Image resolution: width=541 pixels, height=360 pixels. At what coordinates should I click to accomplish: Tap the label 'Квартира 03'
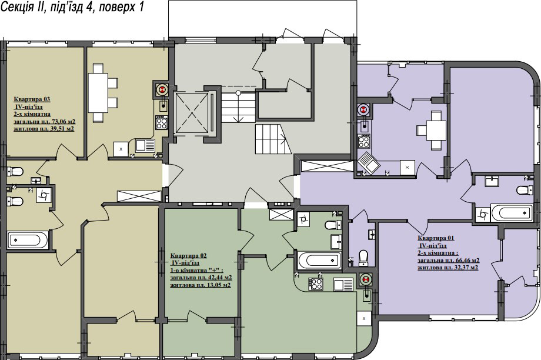point(32,99)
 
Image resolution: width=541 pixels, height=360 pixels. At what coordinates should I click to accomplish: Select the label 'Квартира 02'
point(188,256)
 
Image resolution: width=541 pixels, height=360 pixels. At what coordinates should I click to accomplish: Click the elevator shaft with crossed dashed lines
point(192,113)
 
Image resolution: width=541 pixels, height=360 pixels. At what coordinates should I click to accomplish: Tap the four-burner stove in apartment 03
point(161,123)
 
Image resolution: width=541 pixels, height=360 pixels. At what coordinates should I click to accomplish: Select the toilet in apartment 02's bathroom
point(333,225)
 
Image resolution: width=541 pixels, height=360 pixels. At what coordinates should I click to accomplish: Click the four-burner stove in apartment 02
point(315,284)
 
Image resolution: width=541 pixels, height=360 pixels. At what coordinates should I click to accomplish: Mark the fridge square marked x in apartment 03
point(121,149)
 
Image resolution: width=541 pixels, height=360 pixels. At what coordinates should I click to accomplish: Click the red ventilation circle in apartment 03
point(161,89)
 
